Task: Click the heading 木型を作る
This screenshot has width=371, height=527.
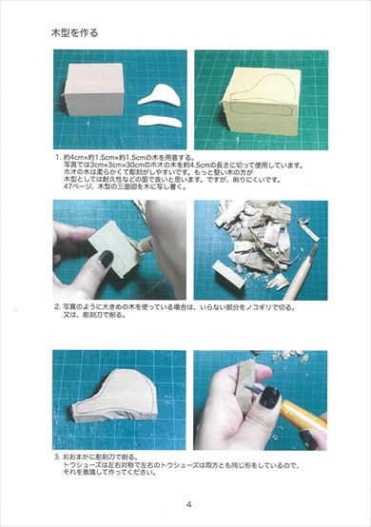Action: click(x=75, y=32)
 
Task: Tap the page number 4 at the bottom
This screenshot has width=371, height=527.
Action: click(x=188, y=503)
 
